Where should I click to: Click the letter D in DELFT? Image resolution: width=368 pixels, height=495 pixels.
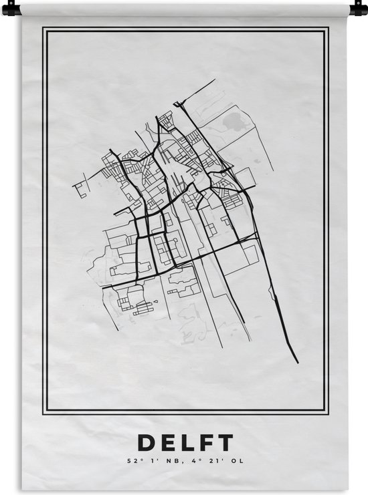[x=144, y=443]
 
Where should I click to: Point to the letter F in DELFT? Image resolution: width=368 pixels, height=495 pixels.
[x=205, y=443]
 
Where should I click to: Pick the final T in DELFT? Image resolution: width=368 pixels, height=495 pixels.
[x=225, y=443]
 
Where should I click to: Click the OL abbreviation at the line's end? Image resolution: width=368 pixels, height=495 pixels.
[x=228, y=461]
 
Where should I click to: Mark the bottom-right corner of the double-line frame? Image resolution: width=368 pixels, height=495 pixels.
[x=327, y=413]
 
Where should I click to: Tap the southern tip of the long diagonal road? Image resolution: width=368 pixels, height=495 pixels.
[x=298, y=362]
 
